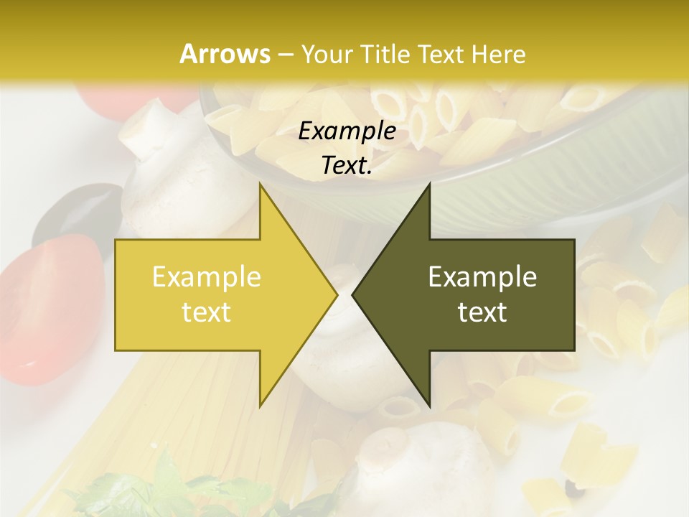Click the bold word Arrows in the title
(x=225, y=54)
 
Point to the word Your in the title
(x=324, y=54)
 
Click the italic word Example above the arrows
(x=347, y=131)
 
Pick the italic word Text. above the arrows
(x=347, y=165)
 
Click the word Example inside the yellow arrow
(x=206, y=276)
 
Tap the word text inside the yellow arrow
(x=206, y=312)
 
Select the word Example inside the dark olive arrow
(x=482, y=276)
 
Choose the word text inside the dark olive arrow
(x=482, y=312)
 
